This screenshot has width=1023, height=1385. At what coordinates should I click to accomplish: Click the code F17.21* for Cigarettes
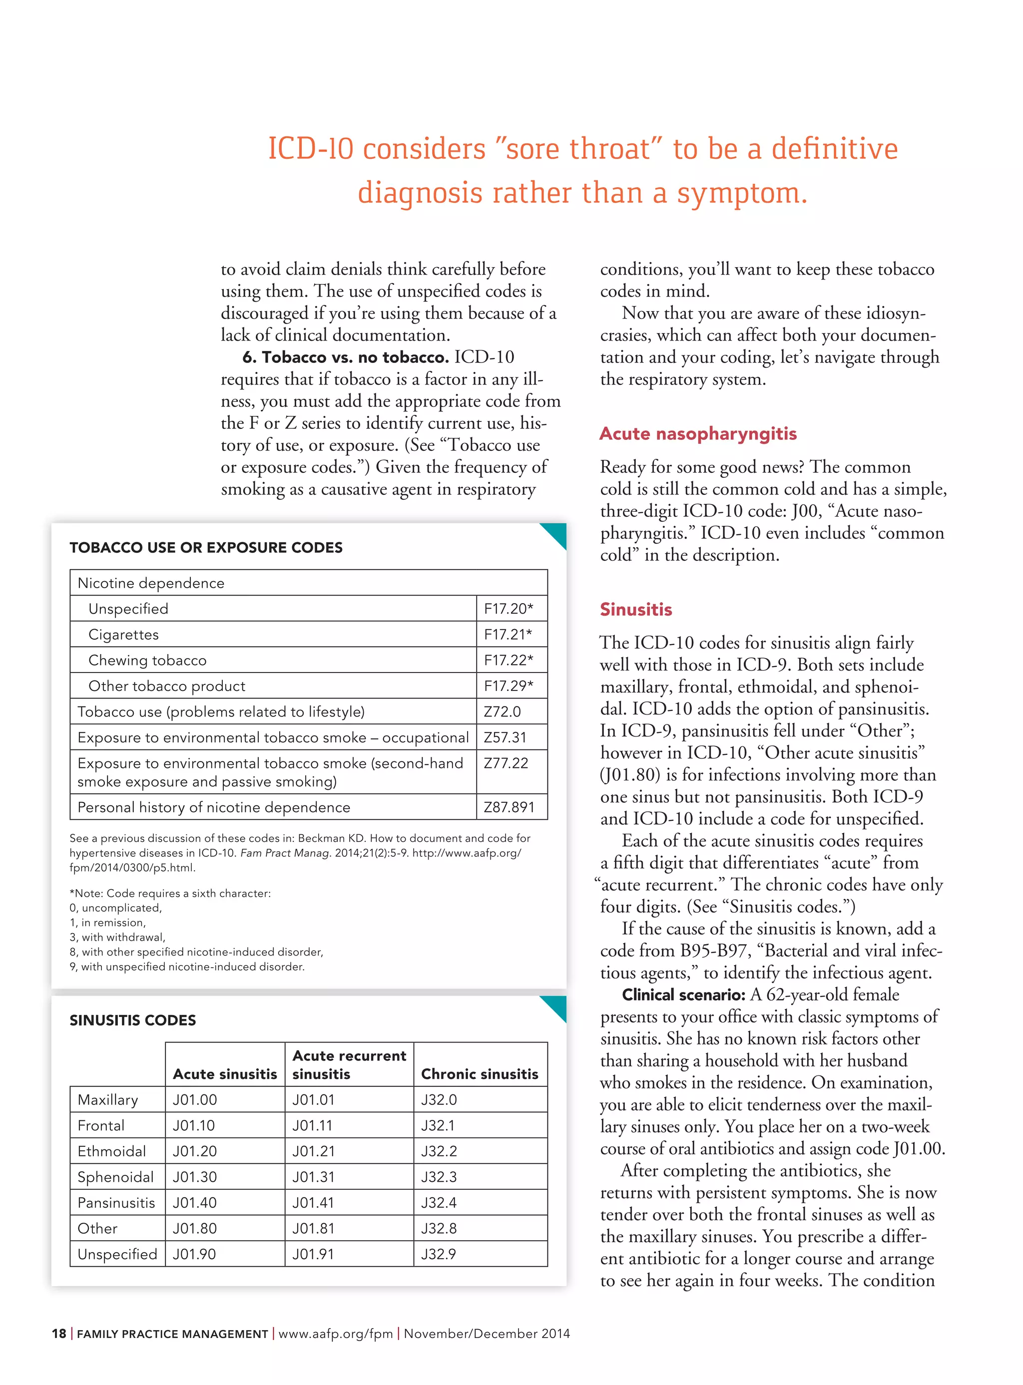[508, 634]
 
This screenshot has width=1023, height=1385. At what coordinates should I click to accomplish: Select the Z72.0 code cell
[502, 711]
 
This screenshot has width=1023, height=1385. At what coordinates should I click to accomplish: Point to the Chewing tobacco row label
[147, 661]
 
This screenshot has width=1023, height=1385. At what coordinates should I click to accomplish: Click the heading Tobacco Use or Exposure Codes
[206, 548]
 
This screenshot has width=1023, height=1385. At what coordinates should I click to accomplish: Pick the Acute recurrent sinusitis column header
[349, 1064]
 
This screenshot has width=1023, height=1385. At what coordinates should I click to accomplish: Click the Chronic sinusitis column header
[480, 1074]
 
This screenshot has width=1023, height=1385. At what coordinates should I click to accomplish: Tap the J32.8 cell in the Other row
[439, 1228]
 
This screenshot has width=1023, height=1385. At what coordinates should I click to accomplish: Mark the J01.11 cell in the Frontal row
[313, 1126]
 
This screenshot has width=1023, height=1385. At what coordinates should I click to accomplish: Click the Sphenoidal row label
[115, 1177]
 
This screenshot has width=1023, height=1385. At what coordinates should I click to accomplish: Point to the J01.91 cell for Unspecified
[313, 1254]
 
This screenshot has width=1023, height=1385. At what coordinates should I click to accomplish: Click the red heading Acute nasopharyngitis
[698, 434]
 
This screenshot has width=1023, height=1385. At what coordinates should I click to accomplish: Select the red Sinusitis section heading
[635, 610]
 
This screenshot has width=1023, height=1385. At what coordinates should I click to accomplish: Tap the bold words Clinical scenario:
[683, 995]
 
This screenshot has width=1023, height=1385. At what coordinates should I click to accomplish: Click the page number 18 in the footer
[59, 1334]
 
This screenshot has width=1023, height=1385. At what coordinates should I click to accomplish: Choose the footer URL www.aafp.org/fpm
[335, 1334]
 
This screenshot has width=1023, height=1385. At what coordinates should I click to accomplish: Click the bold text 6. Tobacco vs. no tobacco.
[346, 357]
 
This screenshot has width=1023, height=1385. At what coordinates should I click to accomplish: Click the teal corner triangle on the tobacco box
[556, 533]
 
